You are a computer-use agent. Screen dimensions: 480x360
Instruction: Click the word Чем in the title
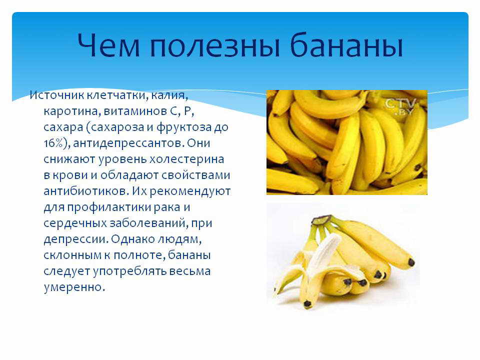[x=108, y=45]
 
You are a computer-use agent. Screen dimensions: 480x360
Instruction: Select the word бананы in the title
[x=346, y=45]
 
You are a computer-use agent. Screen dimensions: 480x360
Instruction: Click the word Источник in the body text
[x=57, y=95]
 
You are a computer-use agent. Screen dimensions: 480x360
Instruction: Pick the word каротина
[x=70, y=111]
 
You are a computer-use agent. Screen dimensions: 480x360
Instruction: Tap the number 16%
[x=53, y=143]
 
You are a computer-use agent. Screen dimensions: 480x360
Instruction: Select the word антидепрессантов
[x=128, y=143]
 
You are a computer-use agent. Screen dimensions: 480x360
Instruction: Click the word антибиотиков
[x=86, y=191]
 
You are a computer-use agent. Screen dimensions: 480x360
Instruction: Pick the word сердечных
[x=75, y=223]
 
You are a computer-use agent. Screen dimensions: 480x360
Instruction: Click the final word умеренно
[x=74, y=287]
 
